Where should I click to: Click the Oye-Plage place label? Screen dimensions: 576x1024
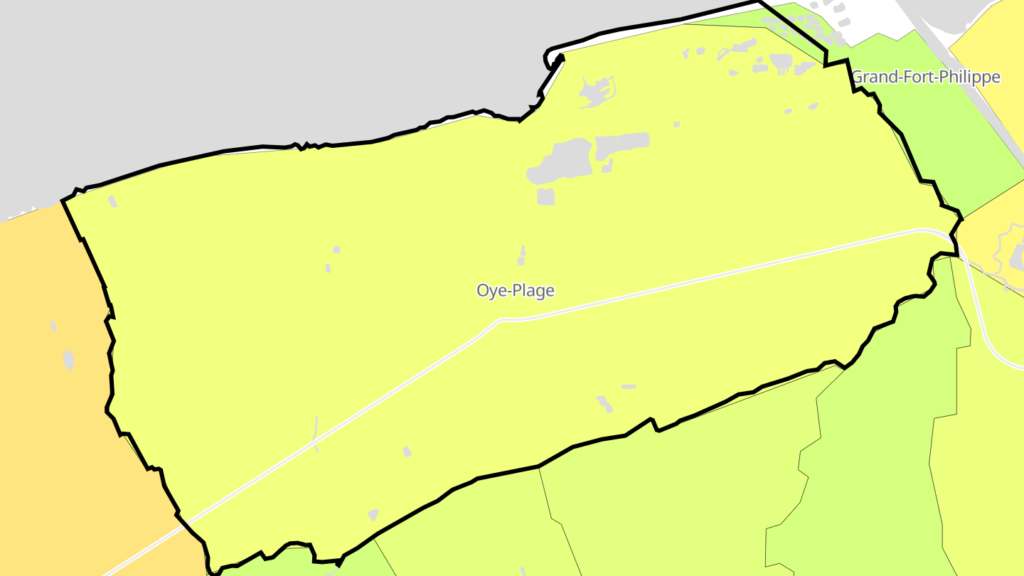pyautogui.click(x=515, y=290)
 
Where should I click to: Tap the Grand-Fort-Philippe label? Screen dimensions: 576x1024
pyautogui.click(x=925, y=77)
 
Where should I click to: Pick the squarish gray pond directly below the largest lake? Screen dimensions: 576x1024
pyautogui.click(x=545, y=196)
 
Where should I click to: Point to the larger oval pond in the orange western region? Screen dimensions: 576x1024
pyautogui.click(x=68, y=359)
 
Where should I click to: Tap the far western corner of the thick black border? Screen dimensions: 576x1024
pyautogui.click(x=63, y=201)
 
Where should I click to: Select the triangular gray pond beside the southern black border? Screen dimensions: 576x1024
pyautogui.click(x=372, y=514)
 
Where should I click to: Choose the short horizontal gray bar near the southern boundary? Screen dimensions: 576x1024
pyautogui.click(x=629, y=387)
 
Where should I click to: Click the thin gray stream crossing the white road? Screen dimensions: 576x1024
pyautogui.click(x=315, y=434)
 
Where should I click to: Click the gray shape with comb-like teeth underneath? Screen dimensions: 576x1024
pyautogui.click(x=780, y=63)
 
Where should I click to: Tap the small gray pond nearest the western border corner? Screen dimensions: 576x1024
pyautogui.click(x=112, y=201)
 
